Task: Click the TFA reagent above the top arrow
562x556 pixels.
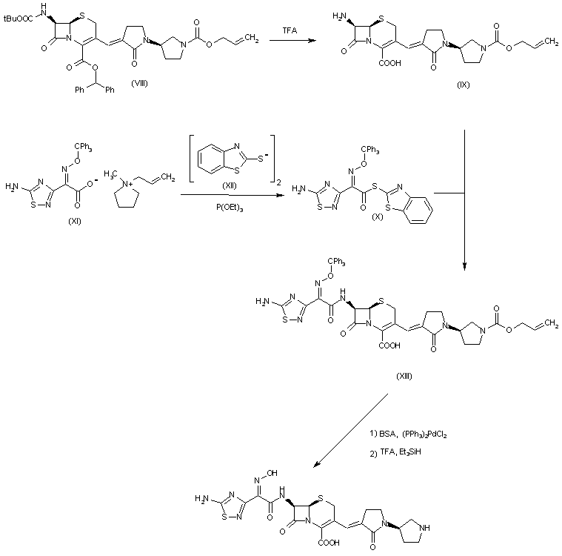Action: (290, 30)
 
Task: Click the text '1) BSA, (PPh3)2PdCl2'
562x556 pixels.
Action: (408, 433)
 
